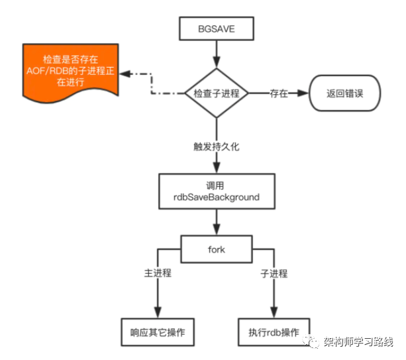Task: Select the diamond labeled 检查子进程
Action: [x=216, y=94]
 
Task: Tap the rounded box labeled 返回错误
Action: [x=345, y=94]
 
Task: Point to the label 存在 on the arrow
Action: [x=279, y=94]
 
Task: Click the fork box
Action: [x=216, y=249]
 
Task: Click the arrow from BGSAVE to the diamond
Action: [x=216, y=53]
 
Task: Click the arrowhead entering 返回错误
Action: [x=304, y=94]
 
